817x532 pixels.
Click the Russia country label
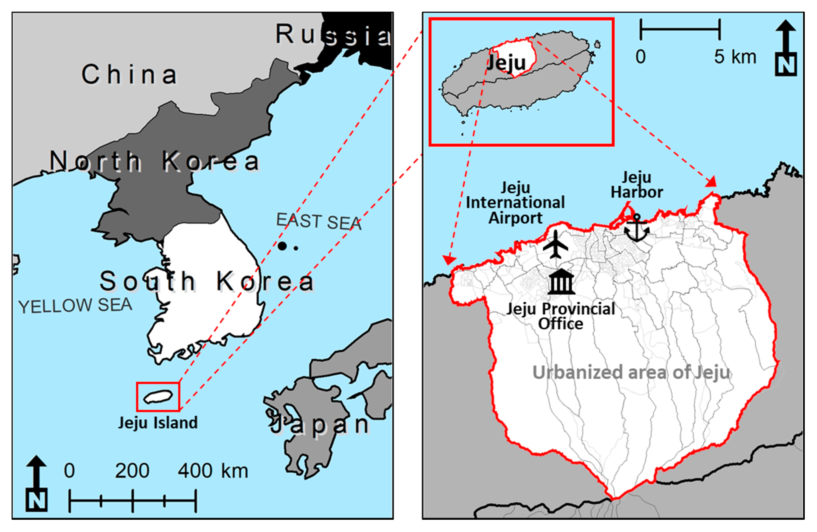coord(333,35)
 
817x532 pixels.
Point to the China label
coord(130,75)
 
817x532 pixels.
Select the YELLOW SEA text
coord(75,306)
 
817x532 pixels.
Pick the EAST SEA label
coord(319,221)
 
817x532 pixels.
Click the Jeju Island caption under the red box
coord(158,423)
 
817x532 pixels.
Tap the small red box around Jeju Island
coord(158,397)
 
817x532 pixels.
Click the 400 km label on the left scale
coord(213,471)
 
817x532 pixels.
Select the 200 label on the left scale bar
coord(132,471)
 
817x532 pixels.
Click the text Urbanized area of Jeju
coord(631,373)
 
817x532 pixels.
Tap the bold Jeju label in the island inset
coord(507,63)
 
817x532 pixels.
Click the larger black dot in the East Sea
coord(282,246)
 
